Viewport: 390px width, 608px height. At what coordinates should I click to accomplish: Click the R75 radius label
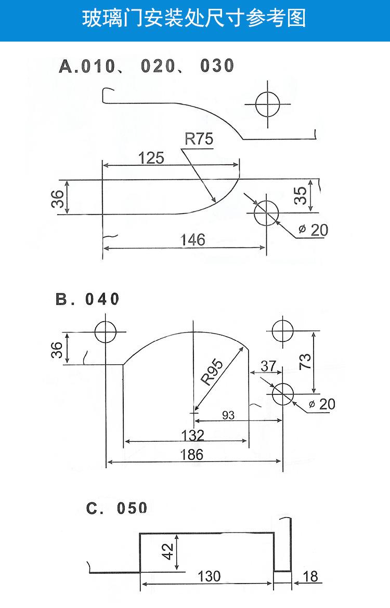(199, 138)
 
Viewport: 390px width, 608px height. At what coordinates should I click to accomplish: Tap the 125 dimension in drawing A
(151, 158)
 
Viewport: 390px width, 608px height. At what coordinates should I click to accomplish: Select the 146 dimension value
(192, 240)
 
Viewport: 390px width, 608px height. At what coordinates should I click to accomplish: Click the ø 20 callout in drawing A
(314, 230)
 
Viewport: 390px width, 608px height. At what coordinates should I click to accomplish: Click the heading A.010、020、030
(147, 66)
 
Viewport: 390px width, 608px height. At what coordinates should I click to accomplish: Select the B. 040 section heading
(87, 299)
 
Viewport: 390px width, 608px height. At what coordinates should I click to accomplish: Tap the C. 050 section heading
(117, 508)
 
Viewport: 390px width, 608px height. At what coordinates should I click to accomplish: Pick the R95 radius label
(212, 372)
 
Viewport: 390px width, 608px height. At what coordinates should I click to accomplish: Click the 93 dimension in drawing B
(228, 415)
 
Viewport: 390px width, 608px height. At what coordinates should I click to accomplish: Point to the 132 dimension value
(192, 435)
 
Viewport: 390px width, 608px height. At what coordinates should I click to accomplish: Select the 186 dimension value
(192, 455)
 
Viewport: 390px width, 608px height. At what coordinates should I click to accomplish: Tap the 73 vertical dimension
(305, 361)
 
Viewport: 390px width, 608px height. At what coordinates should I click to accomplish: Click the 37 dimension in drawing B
(268, 366)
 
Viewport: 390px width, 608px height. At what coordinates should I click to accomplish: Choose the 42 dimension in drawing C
(167, 551)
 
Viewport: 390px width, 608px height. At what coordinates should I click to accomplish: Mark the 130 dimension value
(209, 576)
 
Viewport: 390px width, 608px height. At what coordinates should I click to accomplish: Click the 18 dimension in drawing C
(310, 577)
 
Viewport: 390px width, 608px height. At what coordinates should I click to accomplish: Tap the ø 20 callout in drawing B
(322, 404)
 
